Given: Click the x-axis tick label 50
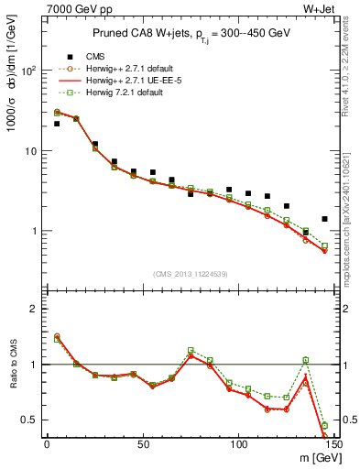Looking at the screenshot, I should coord(143,444).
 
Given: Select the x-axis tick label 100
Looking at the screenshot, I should coord(238,444).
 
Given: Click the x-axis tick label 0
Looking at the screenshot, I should coord(47,444).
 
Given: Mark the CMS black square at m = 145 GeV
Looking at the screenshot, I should coord(325,219).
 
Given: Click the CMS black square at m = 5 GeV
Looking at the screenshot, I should coord(57,124).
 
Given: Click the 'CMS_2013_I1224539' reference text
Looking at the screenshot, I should coord(191,274).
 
